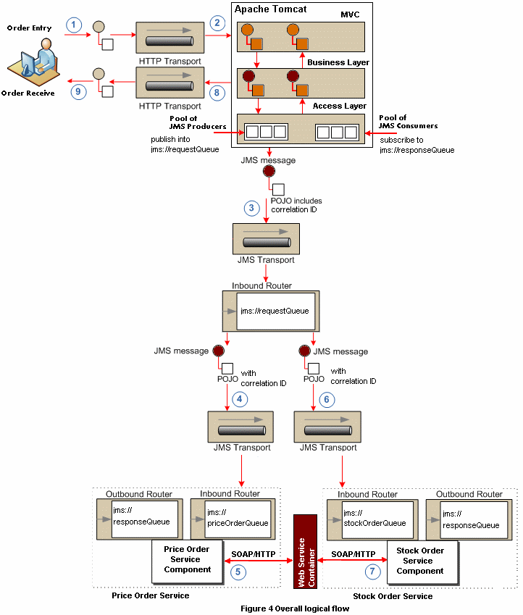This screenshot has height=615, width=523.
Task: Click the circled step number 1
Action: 73,25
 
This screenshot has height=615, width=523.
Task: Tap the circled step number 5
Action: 238,572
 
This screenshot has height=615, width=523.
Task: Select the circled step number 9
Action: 78,92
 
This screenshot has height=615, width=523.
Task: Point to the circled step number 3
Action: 251,208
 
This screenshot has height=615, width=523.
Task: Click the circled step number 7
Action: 372,571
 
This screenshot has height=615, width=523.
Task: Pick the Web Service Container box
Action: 305,552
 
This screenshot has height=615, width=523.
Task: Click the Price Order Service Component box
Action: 187,561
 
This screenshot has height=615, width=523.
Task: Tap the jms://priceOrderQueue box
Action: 238,519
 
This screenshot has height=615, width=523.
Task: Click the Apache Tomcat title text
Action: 270,9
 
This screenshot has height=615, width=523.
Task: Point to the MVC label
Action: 350,14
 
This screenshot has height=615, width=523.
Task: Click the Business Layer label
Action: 338,62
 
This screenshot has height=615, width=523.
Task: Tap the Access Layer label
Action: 340,106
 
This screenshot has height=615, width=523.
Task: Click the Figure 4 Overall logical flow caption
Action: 295,608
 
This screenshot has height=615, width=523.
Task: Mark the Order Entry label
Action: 30,28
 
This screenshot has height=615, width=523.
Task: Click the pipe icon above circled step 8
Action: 170,83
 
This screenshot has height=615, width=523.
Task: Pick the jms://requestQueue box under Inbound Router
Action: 275,311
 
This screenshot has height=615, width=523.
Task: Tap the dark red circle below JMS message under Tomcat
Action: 269,171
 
